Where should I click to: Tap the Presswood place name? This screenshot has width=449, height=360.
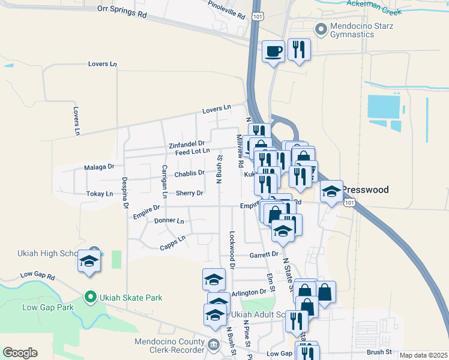pyautogui.click(x=366, y=190)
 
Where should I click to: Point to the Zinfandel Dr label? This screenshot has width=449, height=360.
pyautogui.click(x=187, y=144)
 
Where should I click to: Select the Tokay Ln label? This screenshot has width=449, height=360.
pyautogui.click(x=100, y=194)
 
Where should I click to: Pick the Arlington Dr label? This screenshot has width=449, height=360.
pyautogui.click(x=249, y=292)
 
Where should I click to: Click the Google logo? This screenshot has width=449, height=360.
pyautogui.click(x=20, y=352)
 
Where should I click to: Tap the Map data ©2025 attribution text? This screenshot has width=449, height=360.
pyautogui.click(x=424, y=355)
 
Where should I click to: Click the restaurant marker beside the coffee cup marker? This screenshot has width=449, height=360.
pyautogui.click(x=299, y=50)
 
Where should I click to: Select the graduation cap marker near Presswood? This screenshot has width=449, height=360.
pyautogui.click(x=330, y=193)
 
